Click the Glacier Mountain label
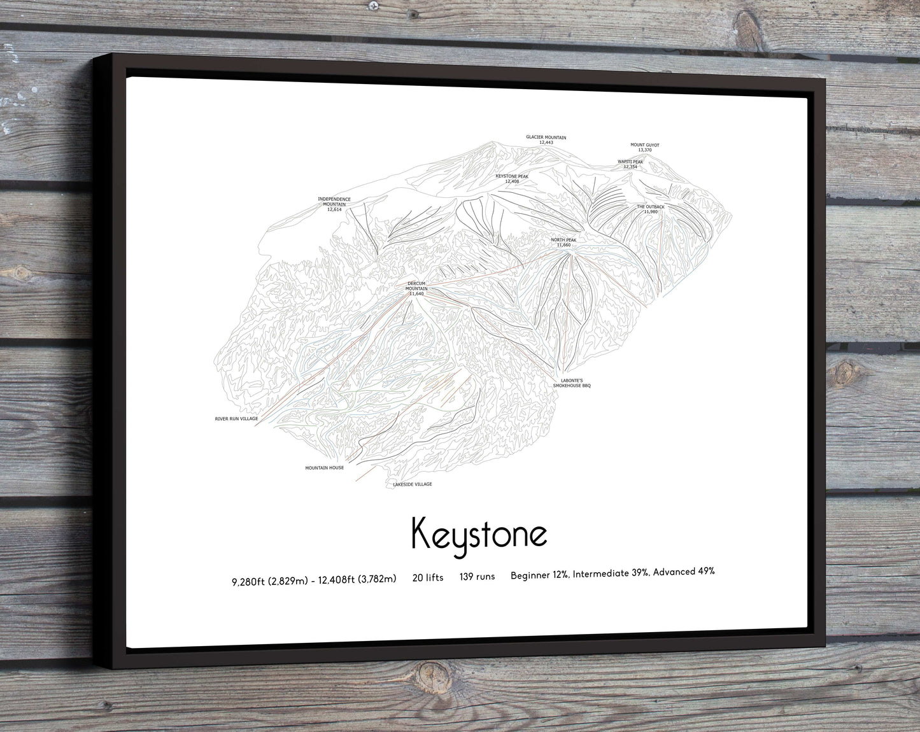(x=546, y=139)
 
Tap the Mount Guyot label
(x=644, y=147)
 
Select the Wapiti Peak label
(x=630, y=164)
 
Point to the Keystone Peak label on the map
(x=512, y=178)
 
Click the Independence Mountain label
(x=334, y=204)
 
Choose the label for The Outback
(x=651, y=209)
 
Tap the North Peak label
(x=563, y=242)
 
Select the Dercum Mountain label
(x=416, y=288)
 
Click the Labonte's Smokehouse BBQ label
(x=572, y=383)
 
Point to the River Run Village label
(x=236, y=419)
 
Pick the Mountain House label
(x=324, y=468)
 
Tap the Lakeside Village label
(x=413, y=484)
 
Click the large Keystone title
(x=479, y=534)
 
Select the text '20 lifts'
(x=428, y=577)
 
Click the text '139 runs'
(x=477, y=577)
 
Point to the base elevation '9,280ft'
(x=250, y=580)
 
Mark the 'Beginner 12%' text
(x=539, y=575)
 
